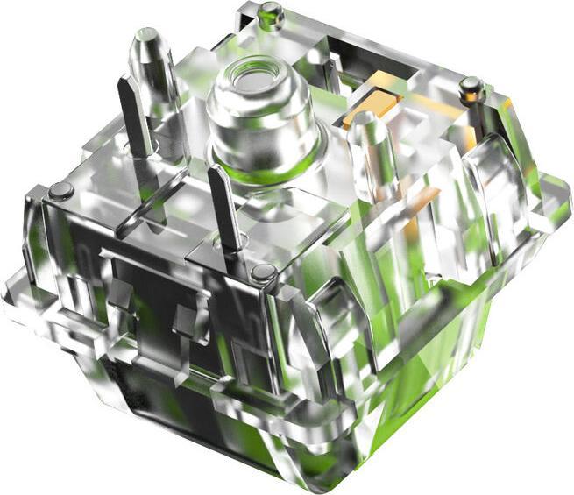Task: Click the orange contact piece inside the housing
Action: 368,110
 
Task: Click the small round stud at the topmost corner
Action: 272,12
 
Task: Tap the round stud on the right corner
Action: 471,86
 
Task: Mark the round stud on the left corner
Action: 60,190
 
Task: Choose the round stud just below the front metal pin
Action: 264,272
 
